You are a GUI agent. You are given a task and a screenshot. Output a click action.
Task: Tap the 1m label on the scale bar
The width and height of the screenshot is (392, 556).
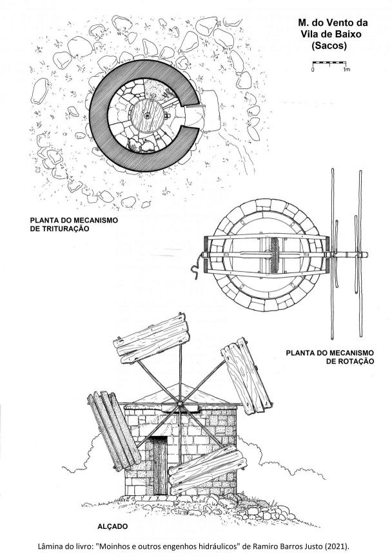pyautogui.click(x=347, y=70)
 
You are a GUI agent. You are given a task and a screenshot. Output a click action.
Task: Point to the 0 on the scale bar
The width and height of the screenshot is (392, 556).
pyautogui.click(x=313, y=70)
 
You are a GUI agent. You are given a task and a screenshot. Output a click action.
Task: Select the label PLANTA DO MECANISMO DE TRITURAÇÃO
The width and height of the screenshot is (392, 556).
pyautogui.click(x=73, y=225)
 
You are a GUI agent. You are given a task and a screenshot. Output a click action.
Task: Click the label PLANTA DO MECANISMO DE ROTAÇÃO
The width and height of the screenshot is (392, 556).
pyautogui.click(x=329, y=357)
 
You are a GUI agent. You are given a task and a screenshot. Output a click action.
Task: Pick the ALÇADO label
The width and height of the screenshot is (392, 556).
pyautogui.click(x=113, y=526)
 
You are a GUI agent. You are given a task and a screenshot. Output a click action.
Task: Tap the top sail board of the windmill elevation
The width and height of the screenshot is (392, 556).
pyautogui.click(x=152, y=338)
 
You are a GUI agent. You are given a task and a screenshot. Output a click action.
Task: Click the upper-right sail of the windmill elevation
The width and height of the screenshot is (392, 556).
pyautogui.click(x=246, y=376)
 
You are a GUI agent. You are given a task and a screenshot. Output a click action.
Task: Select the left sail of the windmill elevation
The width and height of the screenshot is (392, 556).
pyautogui.click(x=113, y=431)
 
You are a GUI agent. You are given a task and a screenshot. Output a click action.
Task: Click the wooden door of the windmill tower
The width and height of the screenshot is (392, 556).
pyautogui.click(x=160, y=466)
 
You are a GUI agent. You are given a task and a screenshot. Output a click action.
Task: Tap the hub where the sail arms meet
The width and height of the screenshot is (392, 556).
pyautogui.click(x=181, y=404)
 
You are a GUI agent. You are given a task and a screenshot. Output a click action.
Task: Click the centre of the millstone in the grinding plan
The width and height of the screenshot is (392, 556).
pyautogui.click(x=147, y=115)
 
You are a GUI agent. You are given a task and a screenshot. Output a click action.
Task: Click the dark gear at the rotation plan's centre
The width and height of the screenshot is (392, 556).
pyautogui.click(x=274, y=255)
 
